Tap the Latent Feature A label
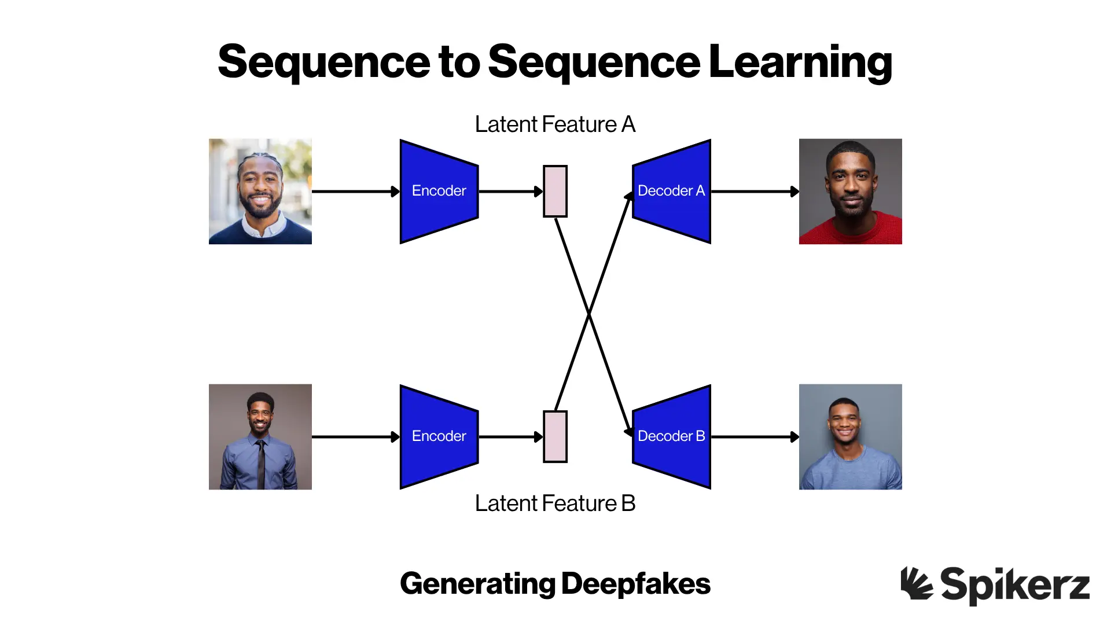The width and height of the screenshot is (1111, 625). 555,124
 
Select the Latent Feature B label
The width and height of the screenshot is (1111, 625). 555,503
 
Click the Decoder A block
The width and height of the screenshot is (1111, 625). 671,191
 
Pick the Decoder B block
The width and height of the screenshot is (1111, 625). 671,436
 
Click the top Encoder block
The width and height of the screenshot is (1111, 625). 439,191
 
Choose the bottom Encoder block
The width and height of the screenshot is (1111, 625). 439,436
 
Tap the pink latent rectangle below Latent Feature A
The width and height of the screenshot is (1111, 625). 555,192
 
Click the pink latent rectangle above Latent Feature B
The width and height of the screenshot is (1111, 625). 555,437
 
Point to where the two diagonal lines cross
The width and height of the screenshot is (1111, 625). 589,314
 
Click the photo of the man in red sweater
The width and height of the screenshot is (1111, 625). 850,192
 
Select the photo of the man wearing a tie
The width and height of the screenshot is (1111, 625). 260,437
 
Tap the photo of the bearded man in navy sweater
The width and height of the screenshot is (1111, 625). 260,192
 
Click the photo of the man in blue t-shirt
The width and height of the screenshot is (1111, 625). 850,437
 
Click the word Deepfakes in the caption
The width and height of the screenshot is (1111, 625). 635,584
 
